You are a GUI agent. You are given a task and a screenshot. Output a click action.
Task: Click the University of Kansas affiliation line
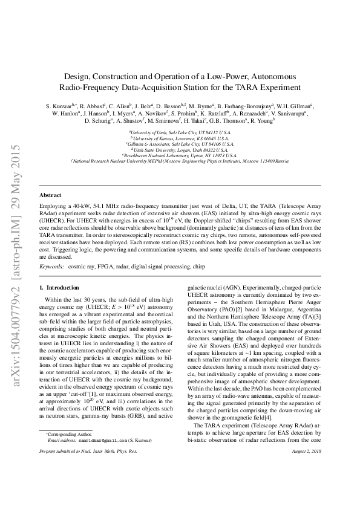[180, 138]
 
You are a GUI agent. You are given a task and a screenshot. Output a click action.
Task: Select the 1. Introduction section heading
[59, 288]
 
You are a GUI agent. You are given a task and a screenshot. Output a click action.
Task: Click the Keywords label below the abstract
[51, 266]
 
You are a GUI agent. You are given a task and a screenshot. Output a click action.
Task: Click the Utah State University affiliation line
[180, 150]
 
